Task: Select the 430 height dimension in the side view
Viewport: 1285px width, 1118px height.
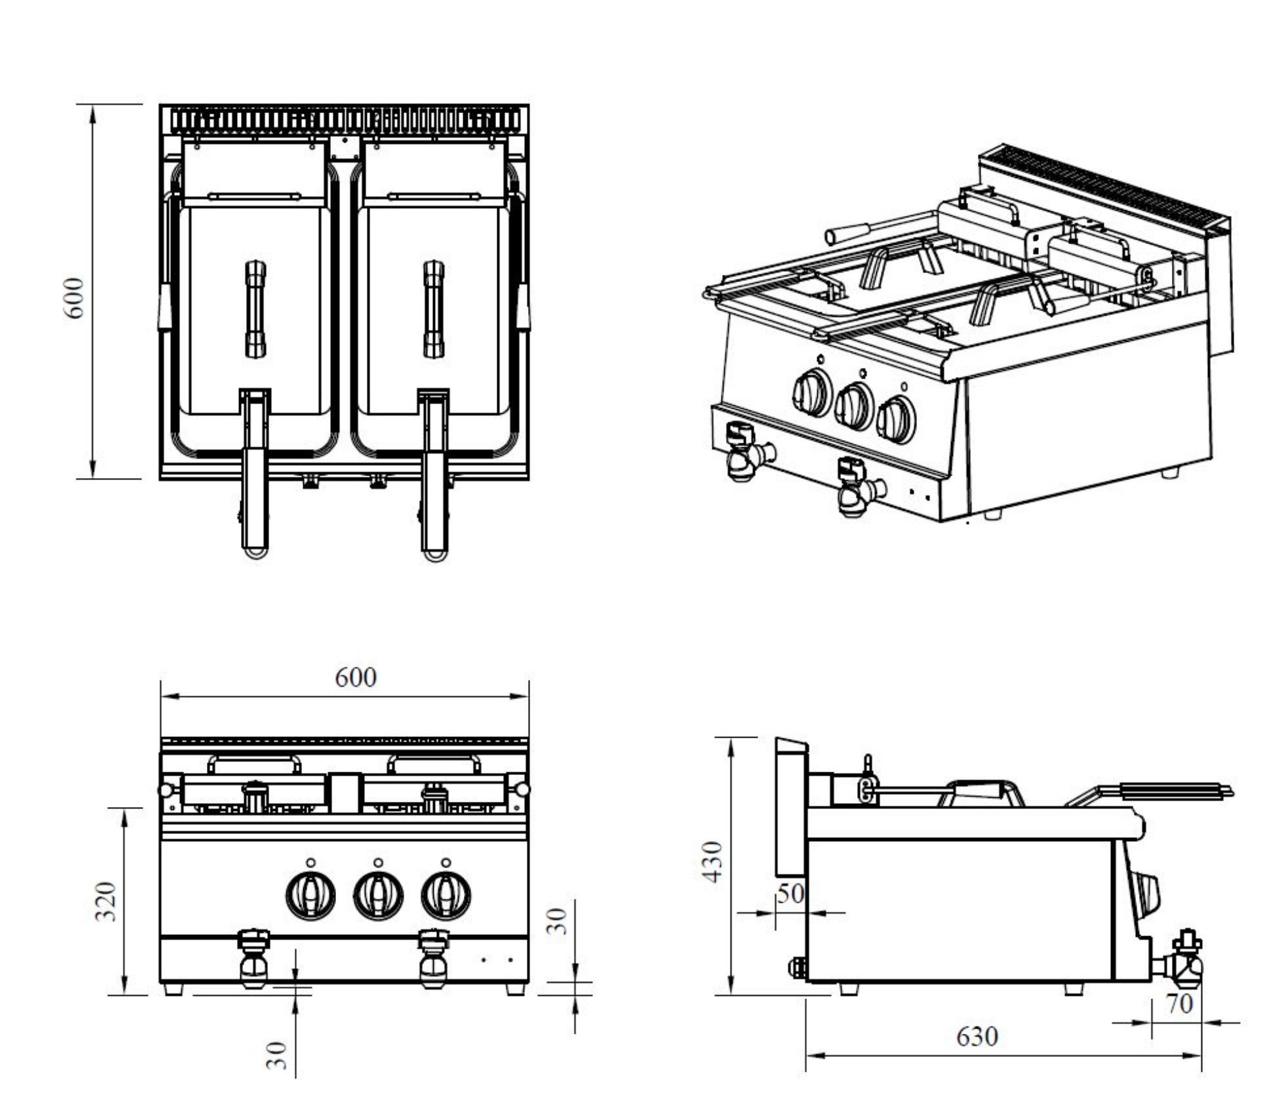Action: pos(714,862)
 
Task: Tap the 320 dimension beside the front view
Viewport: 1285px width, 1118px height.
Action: pos(107,901)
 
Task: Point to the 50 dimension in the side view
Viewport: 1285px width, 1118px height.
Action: pos(790,893)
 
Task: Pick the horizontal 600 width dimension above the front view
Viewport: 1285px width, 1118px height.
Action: pos(355,677)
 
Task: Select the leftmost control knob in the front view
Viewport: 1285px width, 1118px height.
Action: pos(310,894)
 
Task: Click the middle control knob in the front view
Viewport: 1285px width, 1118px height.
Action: pos(378,894)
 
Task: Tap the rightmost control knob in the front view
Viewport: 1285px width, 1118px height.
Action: pos(446,894)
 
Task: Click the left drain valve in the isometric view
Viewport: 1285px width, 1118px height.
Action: pos(745,453)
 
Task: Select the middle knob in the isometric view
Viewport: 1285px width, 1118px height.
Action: pos(853,405)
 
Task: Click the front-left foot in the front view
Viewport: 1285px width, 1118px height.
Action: pos(173,989)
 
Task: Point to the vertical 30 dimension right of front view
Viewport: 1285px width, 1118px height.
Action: pos(560,921)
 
